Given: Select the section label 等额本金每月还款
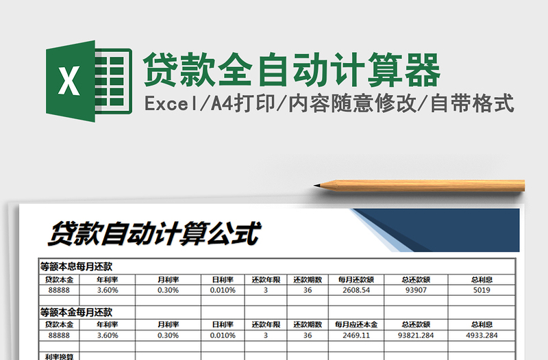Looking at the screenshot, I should [76, 312].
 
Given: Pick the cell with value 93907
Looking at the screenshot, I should [415, 290].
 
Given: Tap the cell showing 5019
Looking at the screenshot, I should [482, 290].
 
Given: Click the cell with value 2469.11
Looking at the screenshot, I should [356, 335].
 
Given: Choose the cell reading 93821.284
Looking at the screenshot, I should [415, 335].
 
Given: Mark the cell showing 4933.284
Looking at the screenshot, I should [482, 335].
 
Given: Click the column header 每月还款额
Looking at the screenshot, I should [356, 279].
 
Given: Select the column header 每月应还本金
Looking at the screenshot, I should [356, 324].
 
